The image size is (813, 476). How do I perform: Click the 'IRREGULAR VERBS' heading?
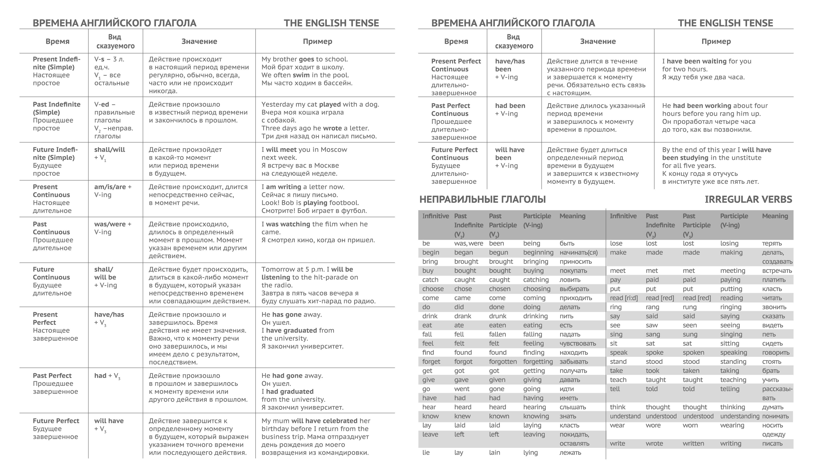tap(748, 200)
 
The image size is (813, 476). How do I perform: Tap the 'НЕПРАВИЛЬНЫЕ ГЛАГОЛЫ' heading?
tap(482, 200)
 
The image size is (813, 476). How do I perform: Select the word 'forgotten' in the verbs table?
tap(503, 361)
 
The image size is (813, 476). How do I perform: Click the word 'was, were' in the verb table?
tap(469, 244)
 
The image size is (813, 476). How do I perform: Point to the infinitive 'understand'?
tap(625, 416)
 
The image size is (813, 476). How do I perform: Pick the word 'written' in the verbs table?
tap(693, 443)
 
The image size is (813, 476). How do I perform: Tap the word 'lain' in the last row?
tap(494, 452)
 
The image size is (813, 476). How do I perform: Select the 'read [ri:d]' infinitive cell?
tap(624, 298)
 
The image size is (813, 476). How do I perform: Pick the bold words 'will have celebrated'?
tap(324, 421)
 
